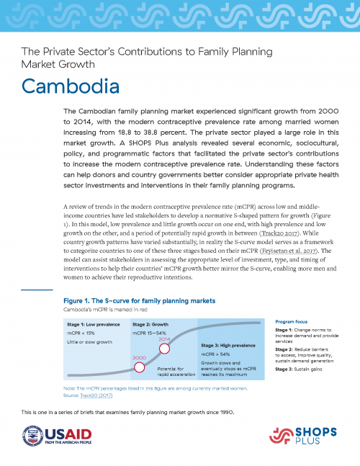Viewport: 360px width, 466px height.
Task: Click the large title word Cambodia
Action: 70,86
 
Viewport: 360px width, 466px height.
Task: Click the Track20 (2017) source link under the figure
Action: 81,396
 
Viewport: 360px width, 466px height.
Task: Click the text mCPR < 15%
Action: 81,333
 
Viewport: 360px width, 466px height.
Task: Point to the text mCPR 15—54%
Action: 155,333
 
